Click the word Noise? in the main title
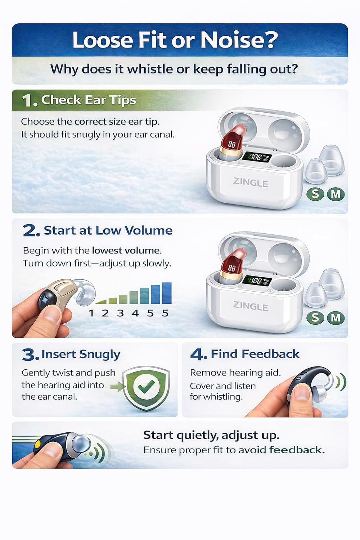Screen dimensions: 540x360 coord(239,40)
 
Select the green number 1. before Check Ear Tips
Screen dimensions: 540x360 coord(30,100)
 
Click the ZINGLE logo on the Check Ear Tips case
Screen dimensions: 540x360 coord(250,183)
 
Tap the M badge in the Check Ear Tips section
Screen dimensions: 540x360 coord(336,194)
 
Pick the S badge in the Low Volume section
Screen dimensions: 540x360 coord(315,317)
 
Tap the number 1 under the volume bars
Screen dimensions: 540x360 coord(91,313)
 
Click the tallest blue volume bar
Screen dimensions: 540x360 coord(167,293)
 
